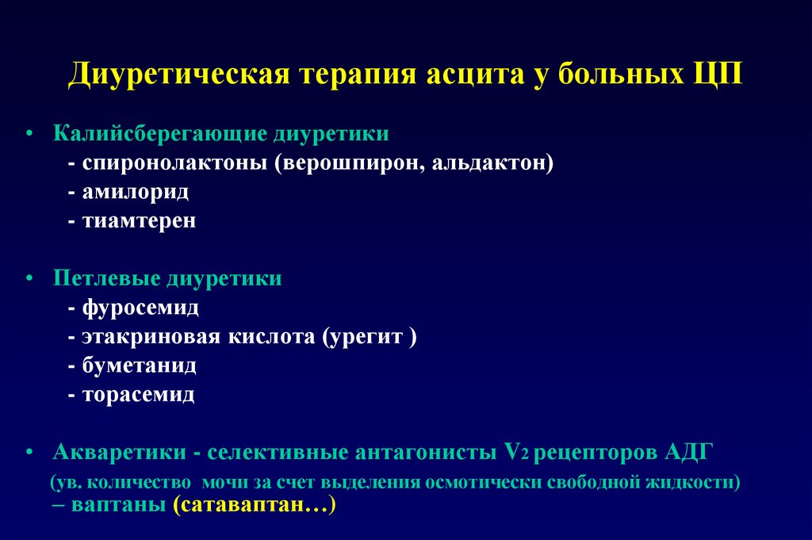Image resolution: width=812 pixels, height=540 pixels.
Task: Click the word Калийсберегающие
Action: [x=159, y=133]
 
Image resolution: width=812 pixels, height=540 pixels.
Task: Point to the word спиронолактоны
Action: [x=175, y=163]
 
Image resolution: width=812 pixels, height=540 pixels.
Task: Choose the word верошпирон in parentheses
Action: [x=350, y=163]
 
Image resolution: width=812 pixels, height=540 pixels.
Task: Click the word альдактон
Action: [x=488, y=163]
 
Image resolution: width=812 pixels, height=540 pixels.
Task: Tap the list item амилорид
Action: [x=136, y=192]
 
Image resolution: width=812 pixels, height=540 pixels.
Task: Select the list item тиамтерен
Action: [x=140, y=220]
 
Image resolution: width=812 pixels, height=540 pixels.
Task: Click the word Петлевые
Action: [x=107, y=278]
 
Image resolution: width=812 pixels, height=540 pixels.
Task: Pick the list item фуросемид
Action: [x=140, y=308]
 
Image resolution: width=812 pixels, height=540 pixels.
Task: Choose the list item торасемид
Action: [x=139, y=395]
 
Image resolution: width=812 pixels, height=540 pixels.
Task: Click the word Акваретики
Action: [x=120, y=452]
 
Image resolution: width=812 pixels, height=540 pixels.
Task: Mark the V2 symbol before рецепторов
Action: [x=516, y=452]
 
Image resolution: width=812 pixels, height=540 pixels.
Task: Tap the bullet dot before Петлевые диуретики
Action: [x=29, y=278]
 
